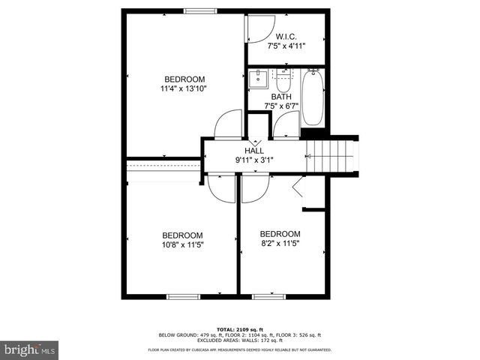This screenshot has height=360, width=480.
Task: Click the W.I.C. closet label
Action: [x=286, y=36]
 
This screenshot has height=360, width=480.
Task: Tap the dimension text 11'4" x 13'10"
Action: [x=183, y=88]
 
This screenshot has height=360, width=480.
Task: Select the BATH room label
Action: [x=281, y=97]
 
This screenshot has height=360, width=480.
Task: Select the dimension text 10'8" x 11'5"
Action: [x=183, y=244]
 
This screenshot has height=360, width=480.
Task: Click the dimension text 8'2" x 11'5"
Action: [x=280, y=244]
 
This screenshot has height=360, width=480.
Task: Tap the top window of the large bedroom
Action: [x=198, y=10]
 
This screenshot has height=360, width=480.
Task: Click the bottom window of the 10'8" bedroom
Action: [x=182, y=296]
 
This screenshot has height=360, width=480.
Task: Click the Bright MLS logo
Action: [x=30, y=349]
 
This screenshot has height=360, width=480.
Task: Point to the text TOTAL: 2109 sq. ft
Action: [x=239, y=329]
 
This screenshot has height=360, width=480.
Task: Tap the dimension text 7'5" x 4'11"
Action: [x=286, y=46]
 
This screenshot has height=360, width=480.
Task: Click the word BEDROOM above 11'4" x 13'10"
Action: [x=184, y=79]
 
